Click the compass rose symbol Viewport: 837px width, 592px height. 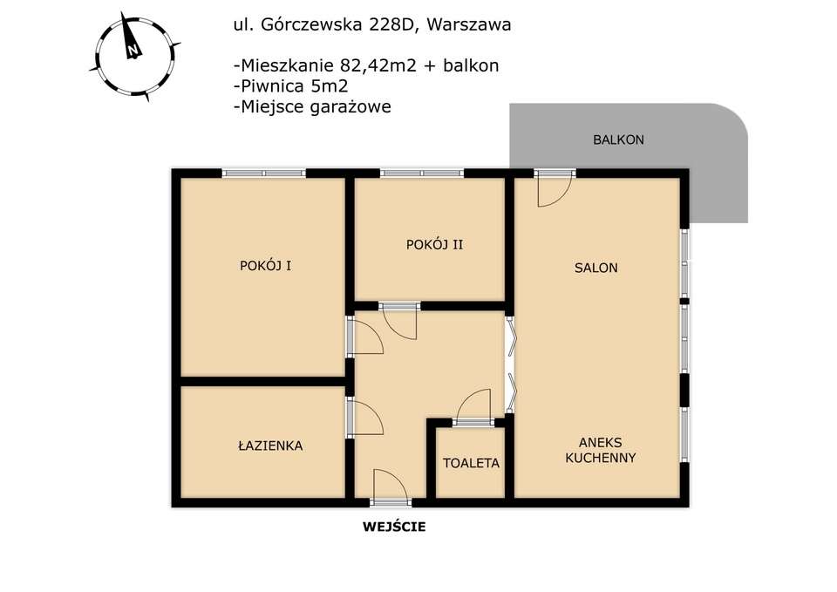tap(133, 54)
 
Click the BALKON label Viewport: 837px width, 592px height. tap(617, 139)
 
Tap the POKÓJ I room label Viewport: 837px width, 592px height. tap(265, 266)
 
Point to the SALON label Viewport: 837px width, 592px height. tap(595, 268)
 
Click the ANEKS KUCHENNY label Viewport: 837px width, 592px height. tap(600, 450)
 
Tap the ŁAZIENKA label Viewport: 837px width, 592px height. tap(269, 446)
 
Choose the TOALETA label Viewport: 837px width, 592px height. tap(471, 463)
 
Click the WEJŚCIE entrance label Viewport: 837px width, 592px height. tap(394, 527)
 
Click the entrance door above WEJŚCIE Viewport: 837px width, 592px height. tap(389, 488)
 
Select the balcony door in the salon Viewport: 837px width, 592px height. tap(555, 187)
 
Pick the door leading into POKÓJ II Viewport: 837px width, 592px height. tap(400, 320)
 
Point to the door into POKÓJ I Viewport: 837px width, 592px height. tap(364, 337)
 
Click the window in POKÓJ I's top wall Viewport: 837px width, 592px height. tap(264, 173)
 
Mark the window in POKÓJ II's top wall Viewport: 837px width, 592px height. tap(422, 173)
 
